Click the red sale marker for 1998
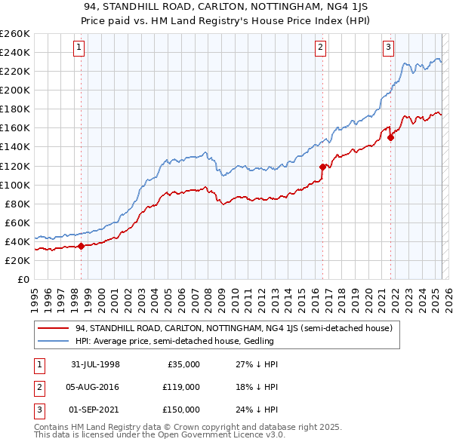coord(81,246)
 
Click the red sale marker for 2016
coord(322,167)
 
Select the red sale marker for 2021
coord(390,137)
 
